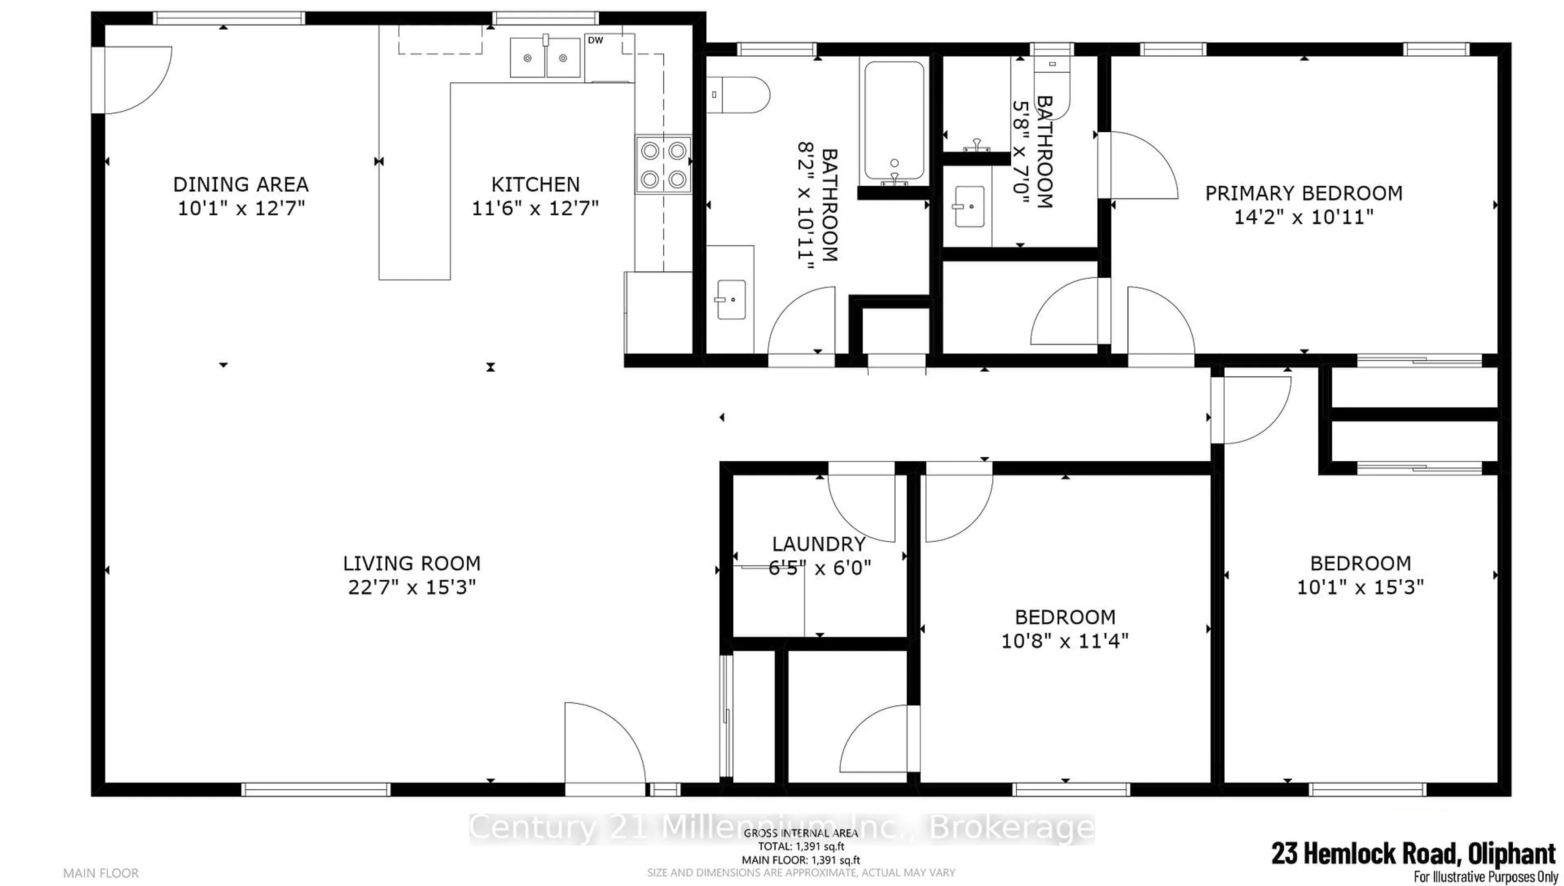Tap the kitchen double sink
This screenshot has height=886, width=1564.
[x=545, y=58]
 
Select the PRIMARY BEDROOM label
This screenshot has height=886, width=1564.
[x=1303, y=193]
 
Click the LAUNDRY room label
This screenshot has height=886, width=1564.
[x=819, y=544]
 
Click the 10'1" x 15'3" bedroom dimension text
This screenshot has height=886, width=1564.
[x=1360, y=587]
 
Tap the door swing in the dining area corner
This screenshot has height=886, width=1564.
[x=137, y=79]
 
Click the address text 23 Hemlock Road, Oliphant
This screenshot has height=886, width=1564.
[x=1413, y=853]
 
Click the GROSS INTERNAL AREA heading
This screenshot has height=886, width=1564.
[x=800, y=833]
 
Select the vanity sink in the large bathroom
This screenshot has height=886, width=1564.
[x=731, y=299]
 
